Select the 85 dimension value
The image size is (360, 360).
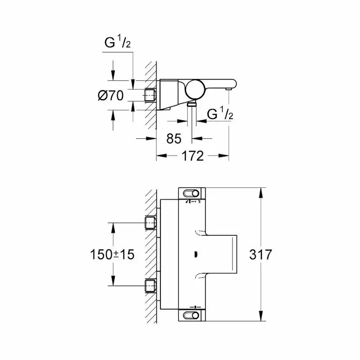(173, 139)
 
